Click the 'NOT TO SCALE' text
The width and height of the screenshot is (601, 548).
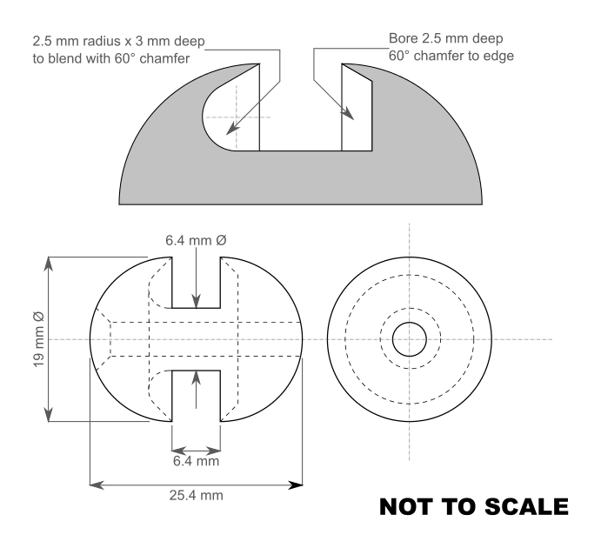point(474,506)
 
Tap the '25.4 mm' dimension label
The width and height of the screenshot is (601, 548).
point(197,495)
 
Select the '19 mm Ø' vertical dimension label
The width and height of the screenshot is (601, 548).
point(38,339)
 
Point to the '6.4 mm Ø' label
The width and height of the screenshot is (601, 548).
point(196,240)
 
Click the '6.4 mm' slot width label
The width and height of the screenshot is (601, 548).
point(196,461)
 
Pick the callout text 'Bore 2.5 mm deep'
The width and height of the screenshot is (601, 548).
point(446,38)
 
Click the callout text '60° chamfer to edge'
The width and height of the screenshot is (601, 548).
point(451,56)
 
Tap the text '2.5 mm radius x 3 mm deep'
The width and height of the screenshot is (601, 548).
point(118,41)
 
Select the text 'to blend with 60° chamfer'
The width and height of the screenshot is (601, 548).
point(111,58)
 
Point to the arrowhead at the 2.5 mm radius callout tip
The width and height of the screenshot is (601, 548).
point(231,129)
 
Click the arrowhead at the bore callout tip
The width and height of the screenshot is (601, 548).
point(348,113)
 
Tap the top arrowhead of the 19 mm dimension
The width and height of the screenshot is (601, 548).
point(49,264)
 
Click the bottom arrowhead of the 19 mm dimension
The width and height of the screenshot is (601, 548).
point(49,415)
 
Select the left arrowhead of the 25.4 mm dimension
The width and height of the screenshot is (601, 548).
point(97,485)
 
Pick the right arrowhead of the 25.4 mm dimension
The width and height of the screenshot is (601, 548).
point(296,485)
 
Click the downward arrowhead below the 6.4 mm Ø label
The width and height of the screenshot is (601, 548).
point(197,301)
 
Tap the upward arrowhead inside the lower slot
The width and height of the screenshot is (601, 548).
point(197,378)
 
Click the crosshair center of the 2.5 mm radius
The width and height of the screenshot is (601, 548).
point(236,117)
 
